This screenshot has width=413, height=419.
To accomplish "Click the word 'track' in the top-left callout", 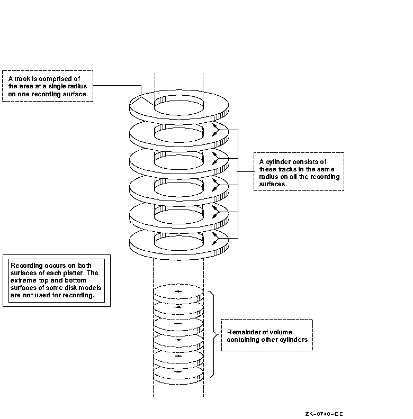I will click(x=22, y=79).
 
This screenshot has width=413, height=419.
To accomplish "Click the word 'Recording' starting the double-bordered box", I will click(x=27, y=266).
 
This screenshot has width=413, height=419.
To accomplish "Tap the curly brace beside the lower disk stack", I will click(x=213, y=334).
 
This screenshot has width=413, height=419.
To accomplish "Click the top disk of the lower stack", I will click(x=178, y=292).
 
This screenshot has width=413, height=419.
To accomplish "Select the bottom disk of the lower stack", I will click(x=178, y=374).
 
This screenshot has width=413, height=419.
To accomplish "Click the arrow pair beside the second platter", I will click(x=214, y=130).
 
